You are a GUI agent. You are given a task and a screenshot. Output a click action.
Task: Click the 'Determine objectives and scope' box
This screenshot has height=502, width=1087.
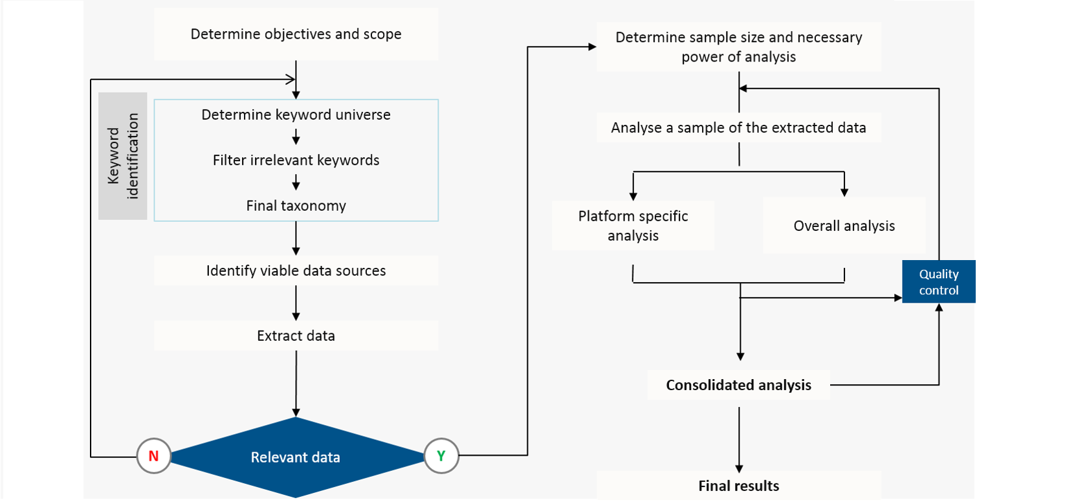tap(296, 34)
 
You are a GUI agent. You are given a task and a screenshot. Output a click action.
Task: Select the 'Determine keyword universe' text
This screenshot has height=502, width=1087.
tap(296, 115)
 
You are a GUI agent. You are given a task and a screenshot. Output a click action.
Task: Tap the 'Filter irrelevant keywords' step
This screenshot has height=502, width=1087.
tap(296, 160)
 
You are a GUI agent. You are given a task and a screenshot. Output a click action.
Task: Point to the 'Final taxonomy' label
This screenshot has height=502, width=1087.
tap(296, 206)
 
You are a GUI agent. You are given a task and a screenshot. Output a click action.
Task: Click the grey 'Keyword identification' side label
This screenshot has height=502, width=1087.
tap(123, 156)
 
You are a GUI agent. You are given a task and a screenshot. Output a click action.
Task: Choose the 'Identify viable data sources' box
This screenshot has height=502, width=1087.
tap(296, 270)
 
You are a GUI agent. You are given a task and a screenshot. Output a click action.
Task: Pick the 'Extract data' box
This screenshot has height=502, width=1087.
tap(296, 336)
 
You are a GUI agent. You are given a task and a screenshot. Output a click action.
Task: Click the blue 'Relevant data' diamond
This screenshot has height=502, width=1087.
tap(296, 457)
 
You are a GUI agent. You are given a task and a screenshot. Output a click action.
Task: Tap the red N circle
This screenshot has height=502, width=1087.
tap(153, 456)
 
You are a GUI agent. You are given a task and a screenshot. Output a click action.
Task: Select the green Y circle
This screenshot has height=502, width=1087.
tap(441, 456)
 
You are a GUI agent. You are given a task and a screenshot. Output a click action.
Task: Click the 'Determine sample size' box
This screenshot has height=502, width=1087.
tap(738, 47)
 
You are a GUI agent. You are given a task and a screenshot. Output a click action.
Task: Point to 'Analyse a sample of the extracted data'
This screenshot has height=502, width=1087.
tap(738, 128)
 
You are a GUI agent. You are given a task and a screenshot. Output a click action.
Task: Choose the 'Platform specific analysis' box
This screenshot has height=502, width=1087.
tap(633, 226)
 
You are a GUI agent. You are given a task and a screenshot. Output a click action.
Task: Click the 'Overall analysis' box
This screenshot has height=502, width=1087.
tap(844, 226)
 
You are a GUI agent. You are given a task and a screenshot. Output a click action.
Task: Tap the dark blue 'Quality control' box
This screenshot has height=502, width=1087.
tap(938, 282)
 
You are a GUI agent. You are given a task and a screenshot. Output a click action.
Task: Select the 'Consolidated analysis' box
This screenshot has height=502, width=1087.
tap(738, 386)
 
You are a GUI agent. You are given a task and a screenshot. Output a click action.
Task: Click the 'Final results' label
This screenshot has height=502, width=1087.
tap(738, 486)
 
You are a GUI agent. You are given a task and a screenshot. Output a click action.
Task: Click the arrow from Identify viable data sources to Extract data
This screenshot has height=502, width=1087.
tap(296, 303)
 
